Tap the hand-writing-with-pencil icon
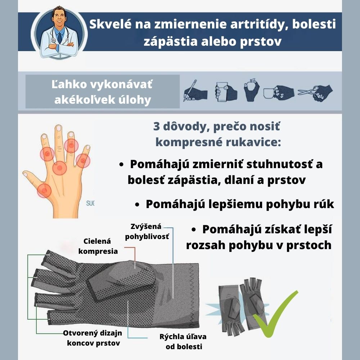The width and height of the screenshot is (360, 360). coord(195,91)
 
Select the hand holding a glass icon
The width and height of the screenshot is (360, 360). coord(226,92)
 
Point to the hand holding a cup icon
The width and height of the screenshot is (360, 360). coord(279,92)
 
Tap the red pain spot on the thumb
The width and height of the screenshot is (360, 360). coord(44,190)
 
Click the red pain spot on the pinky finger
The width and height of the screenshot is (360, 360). coord(83,161)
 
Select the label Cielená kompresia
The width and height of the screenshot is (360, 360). coord(98,246)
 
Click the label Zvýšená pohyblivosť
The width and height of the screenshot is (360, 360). coord(147,231)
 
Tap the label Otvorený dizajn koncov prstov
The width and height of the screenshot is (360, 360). coord(93,338)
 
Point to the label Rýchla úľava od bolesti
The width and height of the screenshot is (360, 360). coord(183,342)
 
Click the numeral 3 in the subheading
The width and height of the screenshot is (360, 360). coord(156,126)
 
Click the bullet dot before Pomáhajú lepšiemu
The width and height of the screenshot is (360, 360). coord(137,204)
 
